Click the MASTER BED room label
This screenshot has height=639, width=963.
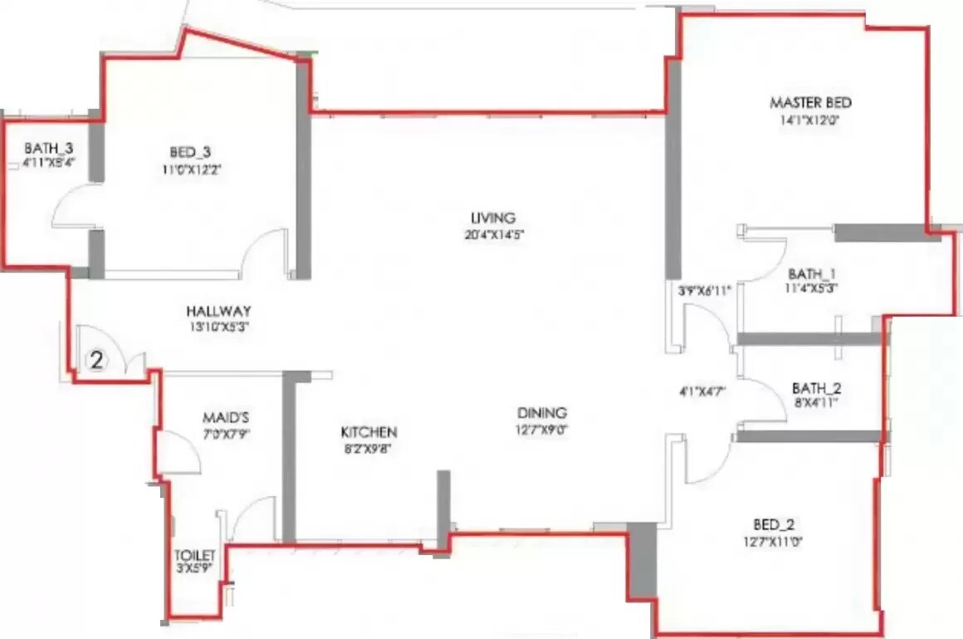pyautogui.click(x=810, y=103)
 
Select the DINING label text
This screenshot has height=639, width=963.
pyautogui.click(x=541, y=413)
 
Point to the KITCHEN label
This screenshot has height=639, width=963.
pyautogui.click(x=369, y=432)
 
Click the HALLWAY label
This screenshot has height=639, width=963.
pyautogui.click(x=218, y=311)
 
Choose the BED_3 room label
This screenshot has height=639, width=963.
pyautogui.click(x=190, y=151)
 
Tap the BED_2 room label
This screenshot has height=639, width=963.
pyautogui.click(x=773, y=525)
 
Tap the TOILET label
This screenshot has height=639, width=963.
pyautogui.click(x=195, y=555)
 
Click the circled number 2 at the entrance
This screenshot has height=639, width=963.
pyautogui.click(x=97, y=361)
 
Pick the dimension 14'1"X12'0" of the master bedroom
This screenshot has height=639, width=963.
pyautogui.click(x=809, y=120)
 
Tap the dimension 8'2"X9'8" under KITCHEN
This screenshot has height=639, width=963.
pyautogui.click(x=369, y=449)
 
